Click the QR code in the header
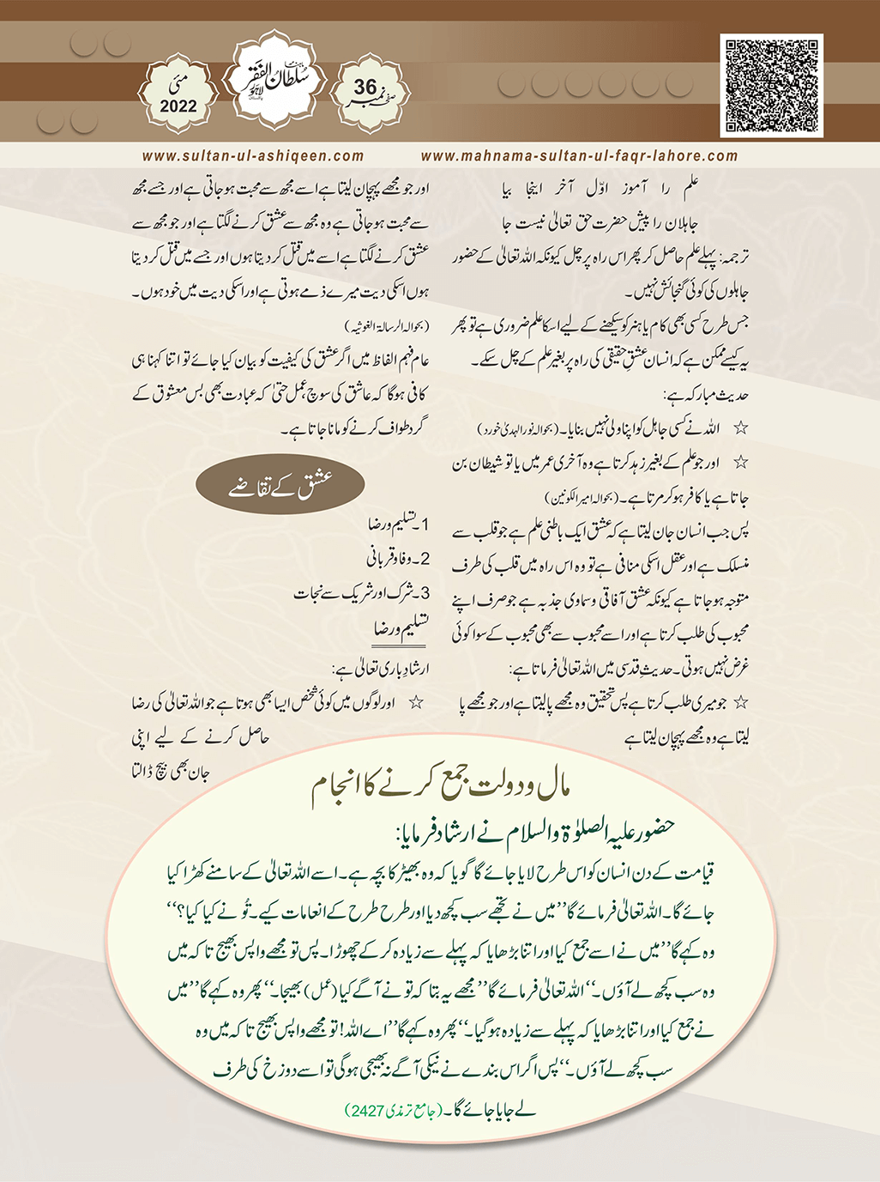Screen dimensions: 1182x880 pyautogui.click(x=771, y=85)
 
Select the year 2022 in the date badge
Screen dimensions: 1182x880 pyautogui.click(x=178, y=106)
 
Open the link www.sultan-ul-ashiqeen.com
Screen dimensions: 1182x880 pyautogui.click(x=252, y=156)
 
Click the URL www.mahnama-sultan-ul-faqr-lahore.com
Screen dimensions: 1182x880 pyautogui.click(x=579, y=156)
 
